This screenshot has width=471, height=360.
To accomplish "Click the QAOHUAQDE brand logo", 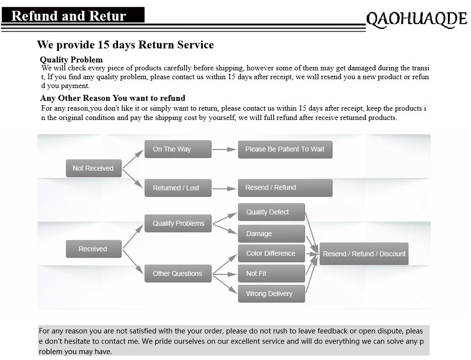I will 416,19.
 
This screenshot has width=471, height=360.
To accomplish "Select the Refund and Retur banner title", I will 69,16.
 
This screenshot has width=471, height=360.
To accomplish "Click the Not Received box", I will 93,168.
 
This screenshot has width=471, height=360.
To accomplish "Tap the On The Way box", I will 177,149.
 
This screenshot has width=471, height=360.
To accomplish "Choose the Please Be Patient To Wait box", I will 285,149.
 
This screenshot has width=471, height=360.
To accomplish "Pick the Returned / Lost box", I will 177,188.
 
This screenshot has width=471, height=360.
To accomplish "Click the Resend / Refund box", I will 285,187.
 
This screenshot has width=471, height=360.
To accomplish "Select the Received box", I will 93,249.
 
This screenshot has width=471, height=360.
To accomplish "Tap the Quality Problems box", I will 178,223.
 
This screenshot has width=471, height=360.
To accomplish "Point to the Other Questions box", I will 178,273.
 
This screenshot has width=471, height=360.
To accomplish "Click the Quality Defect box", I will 271,212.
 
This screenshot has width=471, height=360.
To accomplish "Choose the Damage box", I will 271,234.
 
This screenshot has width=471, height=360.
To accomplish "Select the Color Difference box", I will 271,253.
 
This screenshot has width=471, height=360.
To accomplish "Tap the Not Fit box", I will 271,273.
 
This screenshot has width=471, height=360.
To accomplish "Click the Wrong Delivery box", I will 271,294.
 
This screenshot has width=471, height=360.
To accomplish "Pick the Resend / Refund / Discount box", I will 364,254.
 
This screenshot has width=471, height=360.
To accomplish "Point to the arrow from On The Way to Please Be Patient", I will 225,149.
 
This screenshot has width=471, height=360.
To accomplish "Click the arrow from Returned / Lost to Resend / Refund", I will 225,188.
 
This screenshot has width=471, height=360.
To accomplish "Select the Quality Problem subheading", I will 71,60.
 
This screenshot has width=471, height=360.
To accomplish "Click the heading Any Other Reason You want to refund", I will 113,98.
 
